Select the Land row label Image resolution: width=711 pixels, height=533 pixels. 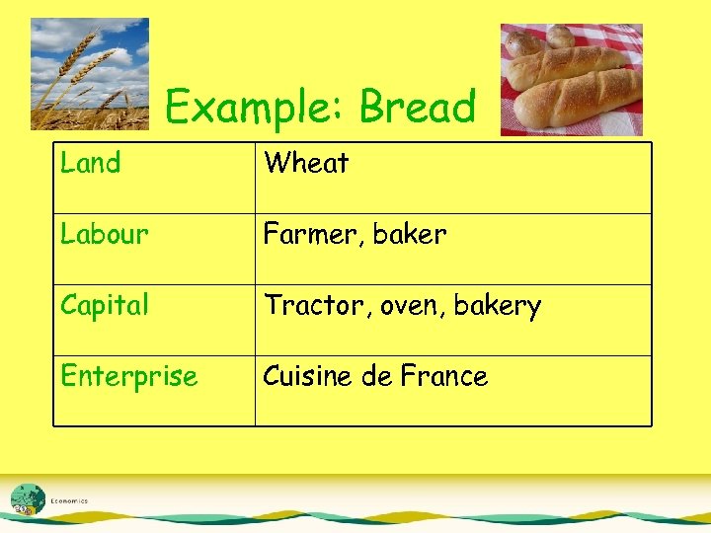click(x=90, y=163)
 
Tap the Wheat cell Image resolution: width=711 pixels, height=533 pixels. click(x=306, y=163)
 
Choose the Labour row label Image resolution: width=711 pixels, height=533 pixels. click(x=104, y=234)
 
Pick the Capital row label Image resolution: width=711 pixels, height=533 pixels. click(x=104, y=305)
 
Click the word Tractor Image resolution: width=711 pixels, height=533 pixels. click(x=311, y=305)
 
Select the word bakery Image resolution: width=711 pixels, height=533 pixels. click(x=499, y=306)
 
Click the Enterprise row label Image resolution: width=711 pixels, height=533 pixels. click(x=128, y=376)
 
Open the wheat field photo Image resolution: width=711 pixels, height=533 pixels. click(x=89, y=74)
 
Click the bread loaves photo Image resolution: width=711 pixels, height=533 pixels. click(x=571, y=79)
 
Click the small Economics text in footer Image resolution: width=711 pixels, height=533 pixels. click(x=69, y=501)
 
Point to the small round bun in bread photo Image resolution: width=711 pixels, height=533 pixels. click(x=523, y=42)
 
